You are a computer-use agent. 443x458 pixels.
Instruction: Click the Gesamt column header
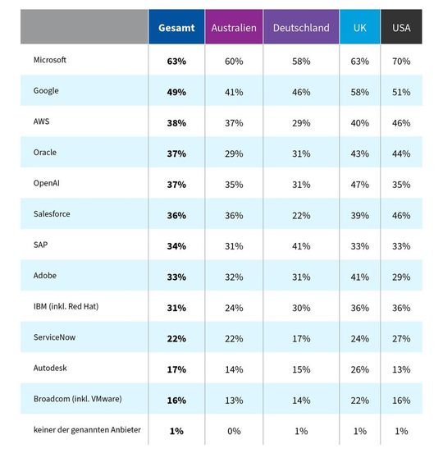[176, 27]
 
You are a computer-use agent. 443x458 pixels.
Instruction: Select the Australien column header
[233, 27]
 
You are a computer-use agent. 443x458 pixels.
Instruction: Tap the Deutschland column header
[301, 27]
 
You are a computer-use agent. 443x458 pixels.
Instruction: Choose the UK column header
[359, 27]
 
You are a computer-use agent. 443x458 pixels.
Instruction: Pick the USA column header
[401, 27]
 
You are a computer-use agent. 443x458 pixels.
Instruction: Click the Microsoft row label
[52, 60]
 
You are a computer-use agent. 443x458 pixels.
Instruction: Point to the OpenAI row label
[48, 183]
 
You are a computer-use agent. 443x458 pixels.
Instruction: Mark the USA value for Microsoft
[401, 60]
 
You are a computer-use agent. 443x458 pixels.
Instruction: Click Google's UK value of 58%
[359, 91]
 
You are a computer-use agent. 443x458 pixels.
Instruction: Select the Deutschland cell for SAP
[301, 245]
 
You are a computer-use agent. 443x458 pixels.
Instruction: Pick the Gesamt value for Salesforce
[176, 214]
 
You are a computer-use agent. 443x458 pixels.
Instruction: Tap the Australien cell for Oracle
[233, 153]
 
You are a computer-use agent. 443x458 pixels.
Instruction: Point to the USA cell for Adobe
[401, 276]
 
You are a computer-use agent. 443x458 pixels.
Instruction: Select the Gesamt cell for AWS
[176, 121]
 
